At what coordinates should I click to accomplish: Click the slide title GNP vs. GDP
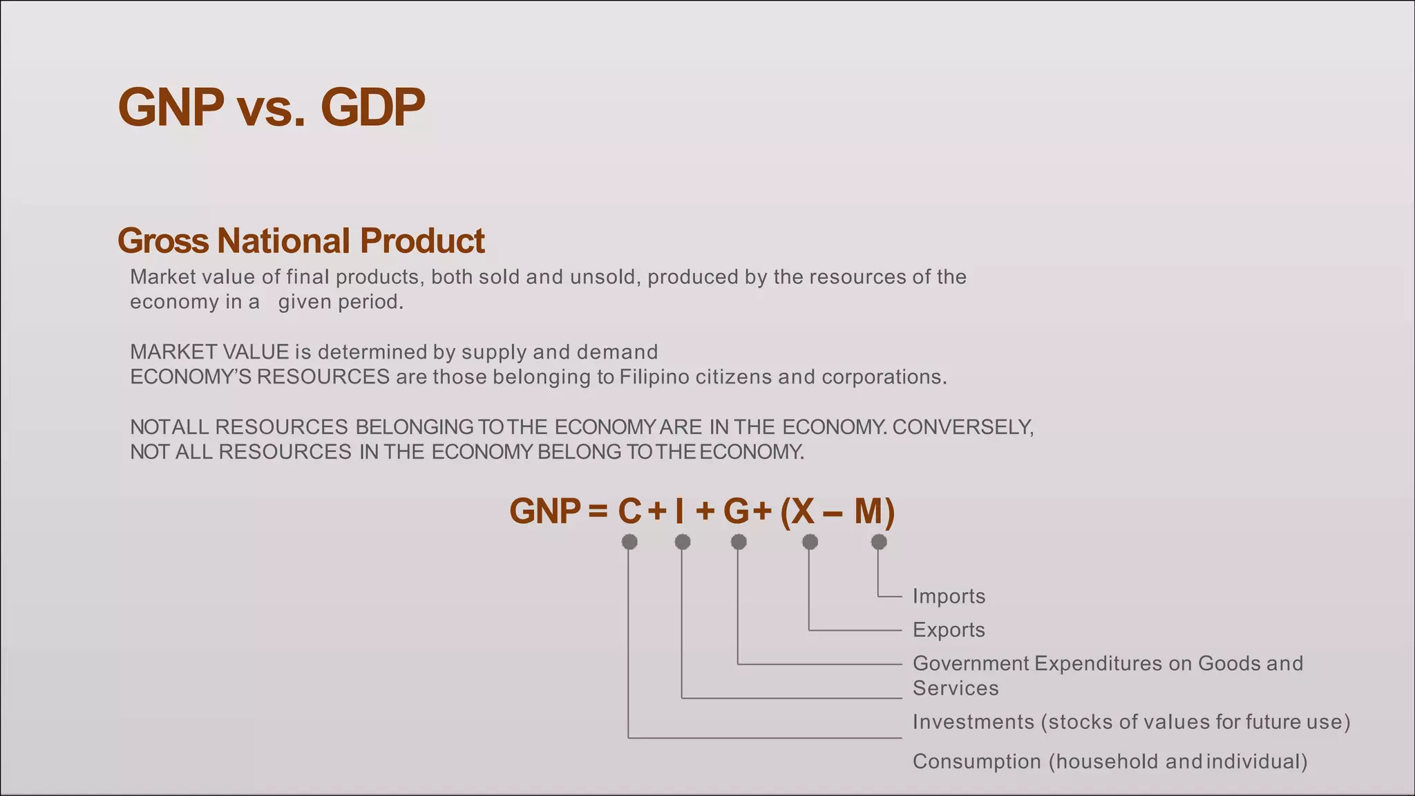click(271, 108)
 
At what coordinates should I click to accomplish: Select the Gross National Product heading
click(301, 240)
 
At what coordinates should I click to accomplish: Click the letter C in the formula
click(629, 511)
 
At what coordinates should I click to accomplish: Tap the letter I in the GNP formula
click(680, 511)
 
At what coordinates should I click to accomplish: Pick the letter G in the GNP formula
click(737, 511)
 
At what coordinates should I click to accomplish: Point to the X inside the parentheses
click(803, 511)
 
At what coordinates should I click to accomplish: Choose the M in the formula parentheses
click(868, 511)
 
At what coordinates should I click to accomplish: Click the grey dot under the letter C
click(629, 542)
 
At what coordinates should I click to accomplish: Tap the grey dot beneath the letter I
click(683, 542)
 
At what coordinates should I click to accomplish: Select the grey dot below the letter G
click(739, 542)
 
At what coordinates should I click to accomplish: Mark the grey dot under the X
click(810, 542)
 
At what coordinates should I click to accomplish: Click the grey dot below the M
click(879, 542)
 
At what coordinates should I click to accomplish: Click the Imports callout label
click(949, 596)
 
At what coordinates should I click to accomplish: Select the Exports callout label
click(949, 630)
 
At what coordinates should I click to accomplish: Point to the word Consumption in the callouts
click(976, 761)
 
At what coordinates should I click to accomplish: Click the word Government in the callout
click(971, 663)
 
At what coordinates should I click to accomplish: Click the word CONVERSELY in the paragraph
click(962, 427)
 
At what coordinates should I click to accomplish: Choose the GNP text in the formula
click(545, 511)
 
